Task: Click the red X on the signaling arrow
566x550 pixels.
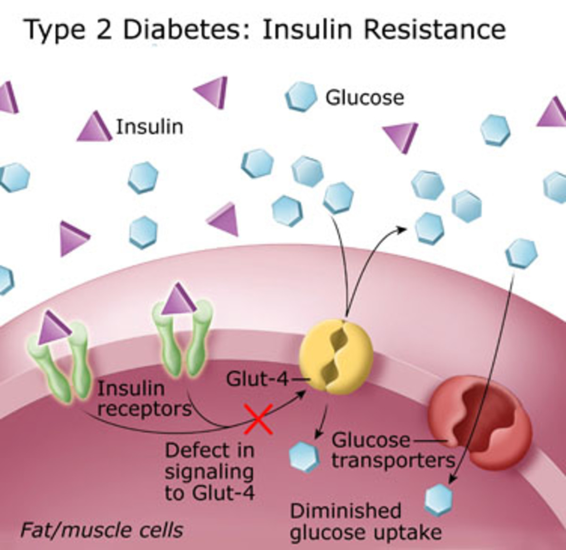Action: [258, 419]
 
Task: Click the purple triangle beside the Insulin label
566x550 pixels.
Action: [94, 128]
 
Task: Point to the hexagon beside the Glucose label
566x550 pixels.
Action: [300, 96]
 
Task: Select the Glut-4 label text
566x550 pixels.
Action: [257, 379]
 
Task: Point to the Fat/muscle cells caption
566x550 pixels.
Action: [101, 530]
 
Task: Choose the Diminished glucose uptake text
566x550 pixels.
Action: [366, 522]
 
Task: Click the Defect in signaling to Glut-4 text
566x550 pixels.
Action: [209, 471]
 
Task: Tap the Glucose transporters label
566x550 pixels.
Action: [391, 450]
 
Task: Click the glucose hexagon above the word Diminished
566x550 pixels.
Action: [438, 499]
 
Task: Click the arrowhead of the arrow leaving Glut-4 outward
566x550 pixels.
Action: [403, 228]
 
